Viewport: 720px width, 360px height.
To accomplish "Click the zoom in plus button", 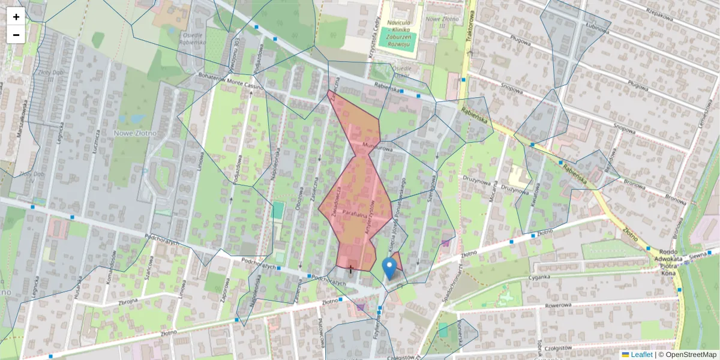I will tap(16, 17).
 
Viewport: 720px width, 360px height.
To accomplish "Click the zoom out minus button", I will tap(16, 35).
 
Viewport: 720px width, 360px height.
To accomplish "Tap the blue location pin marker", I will tap(389, 268).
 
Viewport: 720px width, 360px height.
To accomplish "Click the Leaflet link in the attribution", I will tap(641, 355).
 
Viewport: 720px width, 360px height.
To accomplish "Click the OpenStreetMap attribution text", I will tap(691, 355).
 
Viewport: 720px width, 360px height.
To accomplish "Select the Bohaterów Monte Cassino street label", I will tap(231, 81).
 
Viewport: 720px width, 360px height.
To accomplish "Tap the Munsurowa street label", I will tap(377, 146).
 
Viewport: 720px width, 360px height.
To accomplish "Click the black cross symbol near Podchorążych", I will tap(351, 269).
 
